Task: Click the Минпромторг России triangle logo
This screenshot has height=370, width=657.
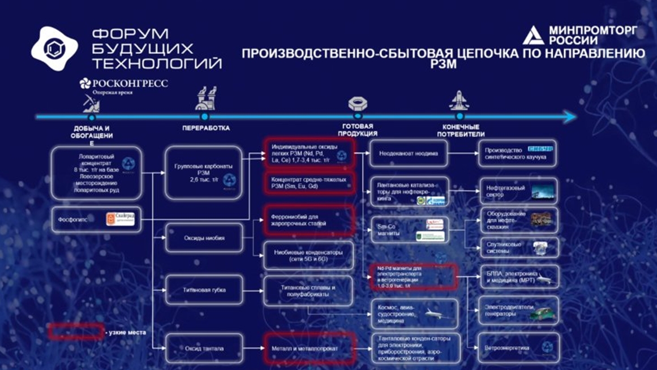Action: click(x=533, y=36)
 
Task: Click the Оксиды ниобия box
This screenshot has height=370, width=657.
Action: click(x=204, y=238)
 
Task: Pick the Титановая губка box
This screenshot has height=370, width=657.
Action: click(x=204, y=290)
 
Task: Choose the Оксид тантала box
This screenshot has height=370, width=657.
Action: click(x=204, y=349)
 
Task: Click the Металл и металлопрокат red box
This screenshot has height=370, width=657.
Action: click(x=309, y=349)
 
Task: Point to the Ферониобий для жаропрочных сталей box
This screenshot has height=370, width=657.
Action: click(x=309, y=220)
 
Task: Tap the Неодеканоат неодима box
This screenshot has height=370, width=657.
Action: click(x=408, y=153)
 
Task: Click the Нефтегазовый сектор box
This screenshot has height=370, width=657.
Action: click(x=518, y=191)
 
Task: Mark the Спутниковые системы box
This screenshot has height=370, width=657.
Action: click(x=518, y=247)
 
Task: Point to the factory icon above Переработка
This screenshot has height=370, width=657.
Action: click(x=205, y=98)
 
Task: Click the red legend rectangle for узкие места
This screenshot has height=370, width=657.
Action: click(x=75, y=332)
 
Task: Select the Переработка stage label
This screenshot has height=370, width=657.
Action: click(x=206, y=128)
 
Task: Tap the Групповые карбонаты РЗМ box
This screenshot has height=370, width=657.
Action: click(x=204, y=173)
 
